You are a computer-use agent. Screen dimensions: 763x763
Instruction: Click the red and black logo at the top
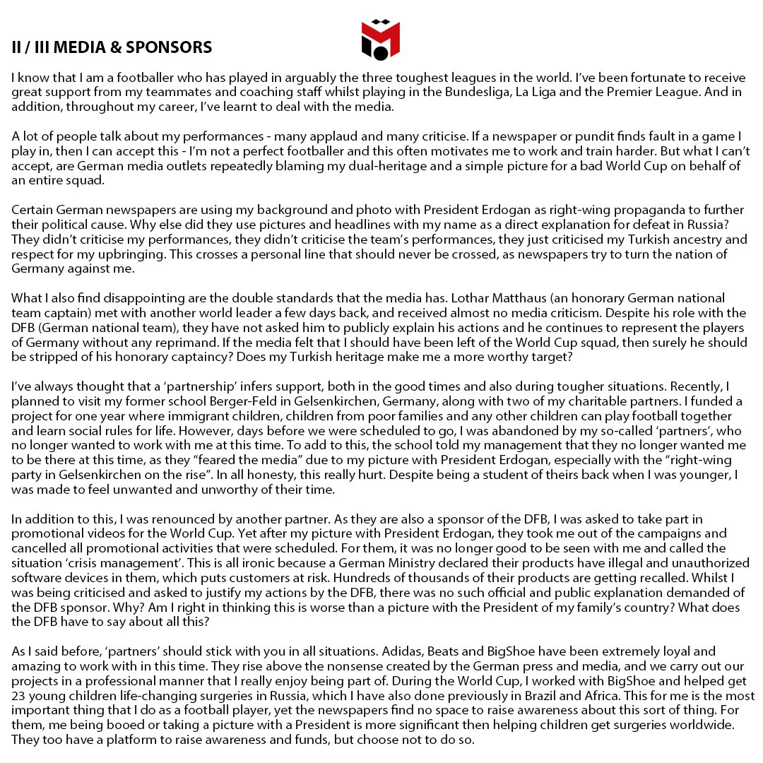(381, 40)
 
